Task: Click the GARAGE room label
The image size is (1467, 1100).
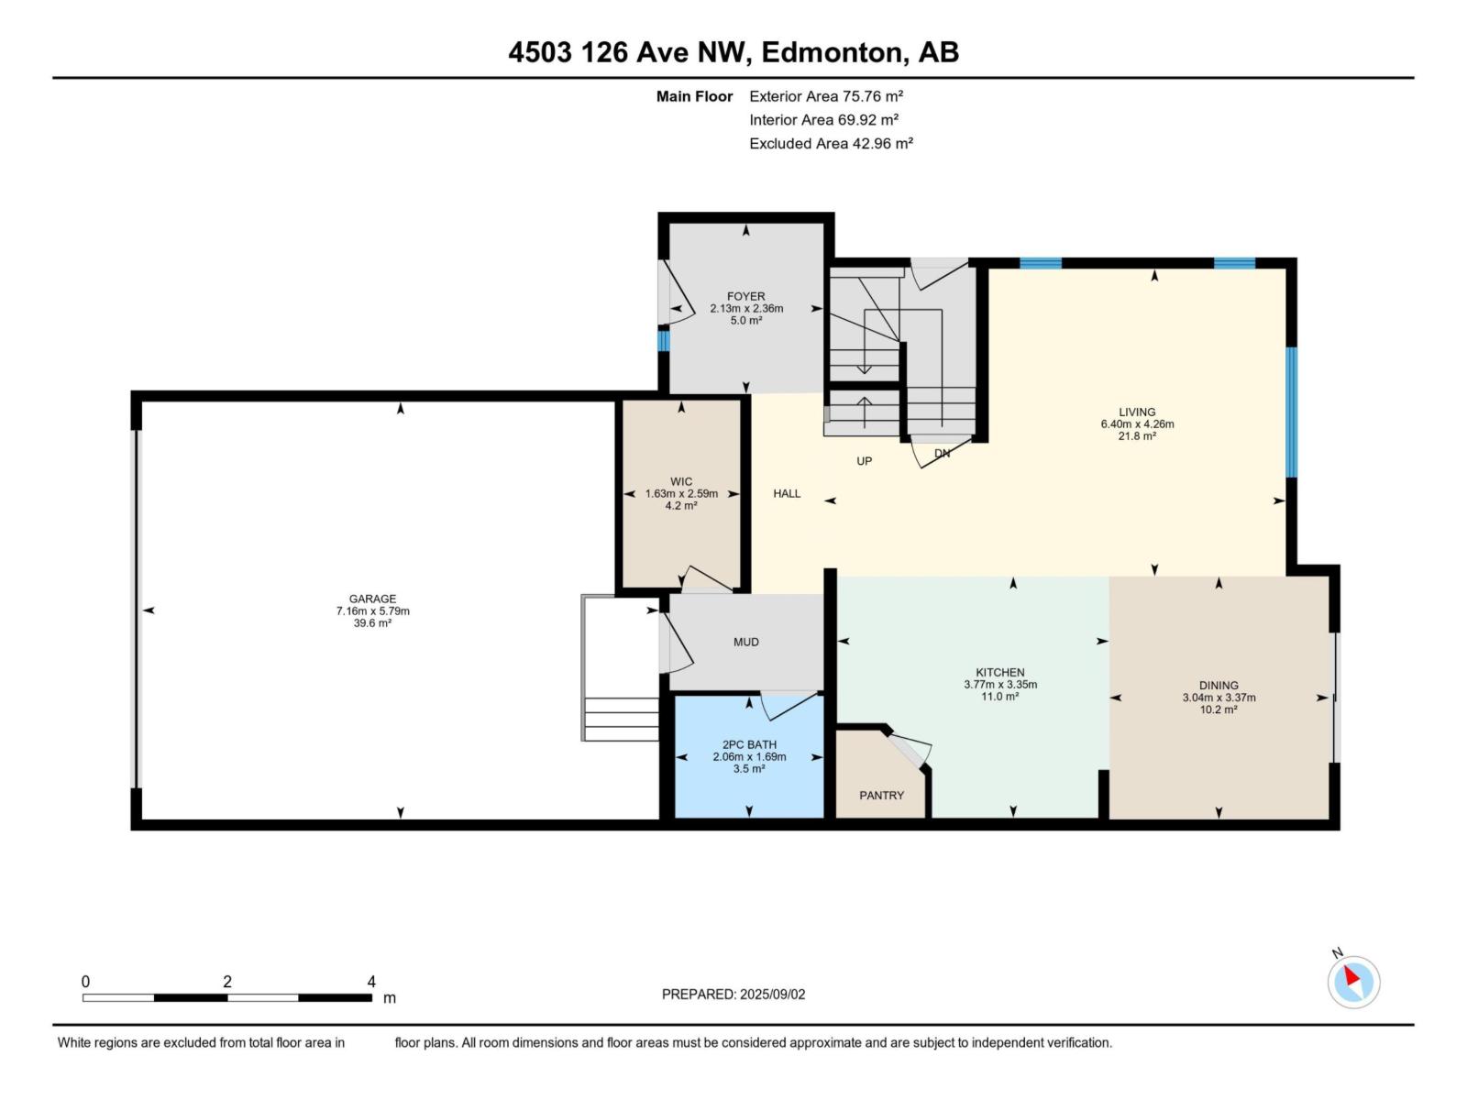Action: point(372,599)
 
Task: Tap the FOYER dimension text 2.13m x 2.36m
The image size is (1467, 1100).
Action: point(746,309)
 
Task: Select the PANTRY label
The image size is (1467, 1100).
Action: point(881,796)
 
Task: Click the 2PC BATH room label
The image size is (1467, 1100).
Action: point(749,744)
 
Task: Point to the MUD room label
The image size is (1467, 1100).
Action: point(745,642)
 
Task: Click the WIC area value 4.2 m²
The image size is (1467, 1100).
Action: point(681,506)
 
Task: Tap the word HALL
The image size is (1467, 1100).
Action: point(787,493)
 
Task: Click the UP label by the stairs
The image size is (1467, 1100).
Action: point(864,461)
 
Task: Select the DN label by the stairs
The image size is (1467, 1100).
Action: point(942,454)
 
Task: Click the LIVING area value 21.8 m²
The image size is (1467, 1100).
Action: point(1137,436)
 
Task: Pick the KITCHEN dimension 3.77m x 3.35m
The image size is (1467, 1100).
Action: point(1000,685)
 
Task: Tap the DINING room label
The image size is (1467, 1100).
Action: point(1219,685)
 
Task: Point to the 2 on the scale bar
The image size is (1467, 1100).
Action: point(227,982)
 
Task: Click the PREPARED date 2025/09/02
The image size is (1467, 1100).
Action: point(772,995)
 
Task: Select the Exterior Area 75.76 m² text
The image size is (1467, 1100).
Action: point(826,96)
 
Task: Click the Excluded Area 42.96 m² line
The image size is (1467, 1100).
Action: point(831,144)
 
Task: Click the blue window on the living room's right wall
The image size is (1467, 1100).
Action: point(1291,412)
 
